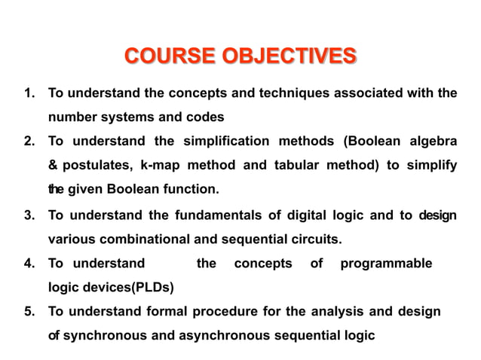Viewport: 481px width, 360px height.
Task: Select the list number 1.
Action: (x=30, y=94)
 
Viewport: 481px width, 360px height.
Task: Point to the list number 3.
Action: (x=30, y=217)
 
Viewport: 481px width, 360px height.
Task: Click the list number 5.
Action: (x=30, y=312)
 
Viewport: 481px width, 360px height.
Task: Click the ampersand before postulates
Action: (x=53, y=165)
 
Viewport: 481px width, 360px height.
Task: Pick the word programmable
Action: (x=386, y=264)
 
